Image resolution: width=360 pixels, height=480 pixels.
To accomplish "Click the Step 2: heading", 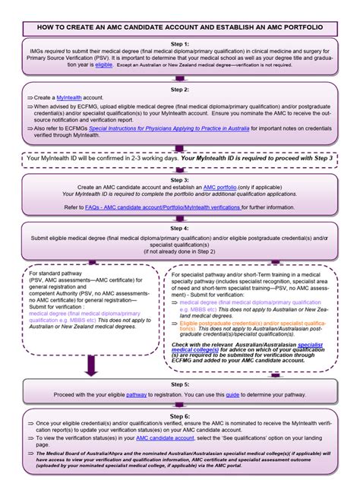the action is tap(180, 90).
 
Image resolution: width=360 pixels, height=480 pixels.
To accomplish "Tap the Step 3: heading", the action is tap(180, 180).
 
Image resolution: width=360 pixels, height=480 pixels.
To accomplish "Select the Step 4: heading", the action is tap(180, 228).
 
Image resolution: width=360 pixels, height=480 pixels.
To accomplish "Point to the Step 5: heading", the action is tap(180, 385).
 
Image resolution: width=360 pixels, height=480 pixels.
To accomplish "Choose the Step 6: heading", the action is tap(180, 417).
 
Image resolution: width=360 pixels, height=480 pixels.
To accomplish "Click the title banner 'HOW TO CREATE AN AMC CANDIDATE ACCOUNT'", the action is tap(180, 27).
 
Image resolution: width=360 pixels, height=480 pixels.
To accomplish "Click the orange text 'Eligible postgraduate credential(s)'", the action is tap(228, 323).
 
